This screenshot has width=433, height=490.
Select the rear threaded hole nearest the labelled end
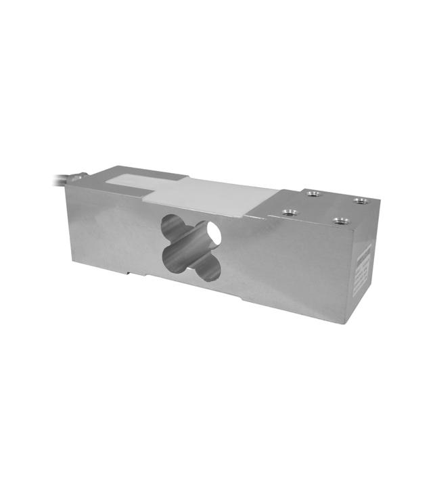point(359,201)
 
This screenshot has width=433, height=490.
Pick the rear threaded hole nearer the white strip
point(312,195)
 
